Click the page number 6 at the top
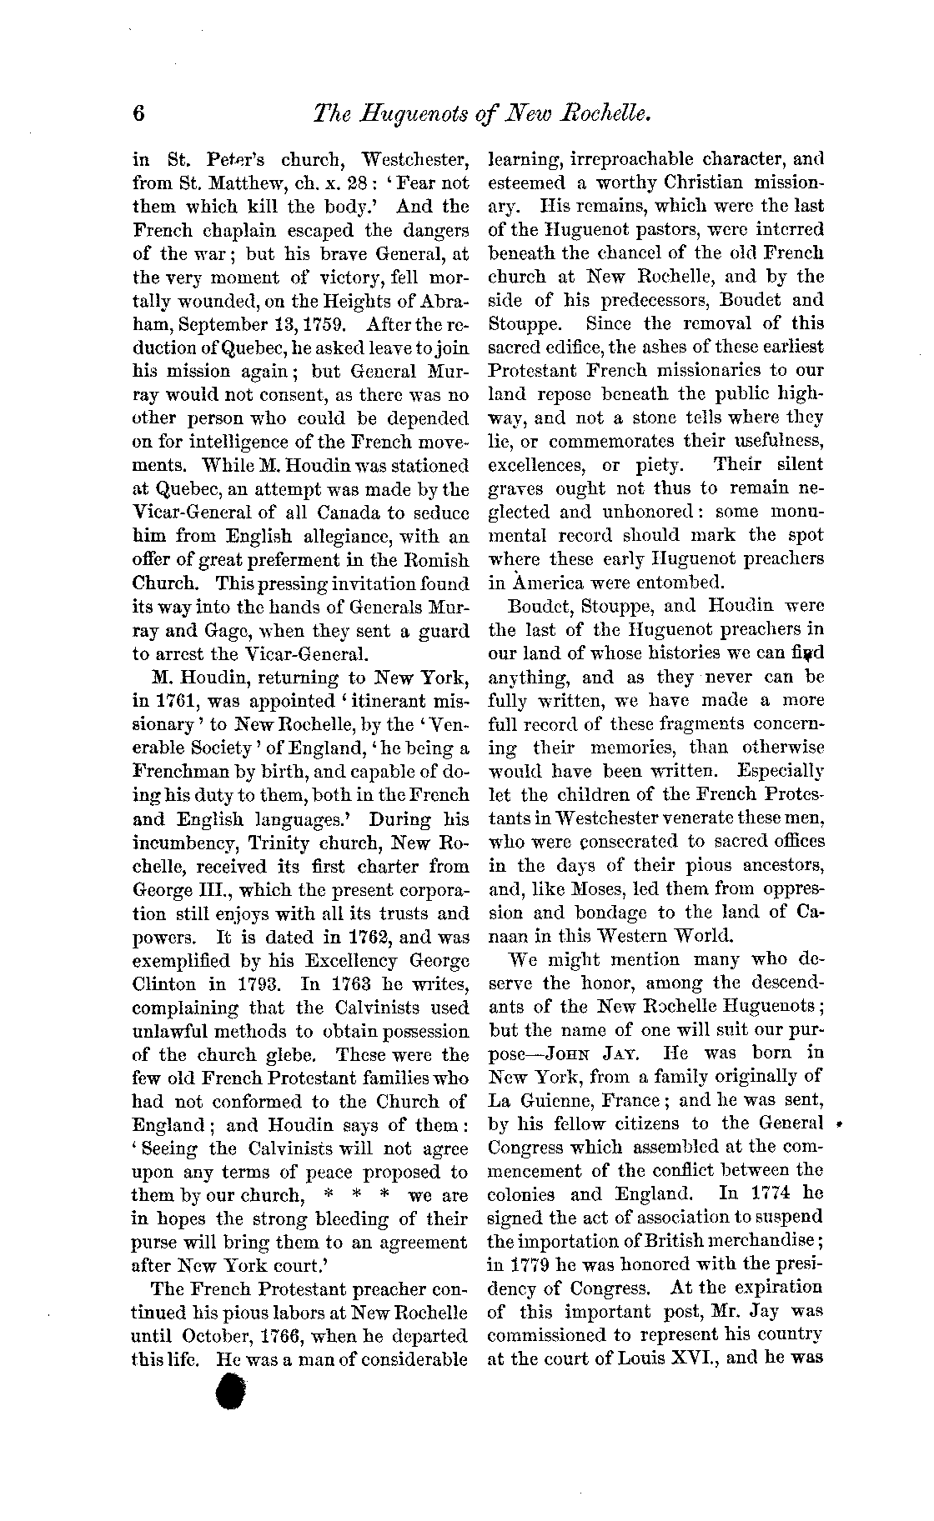tap(139, 113)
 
